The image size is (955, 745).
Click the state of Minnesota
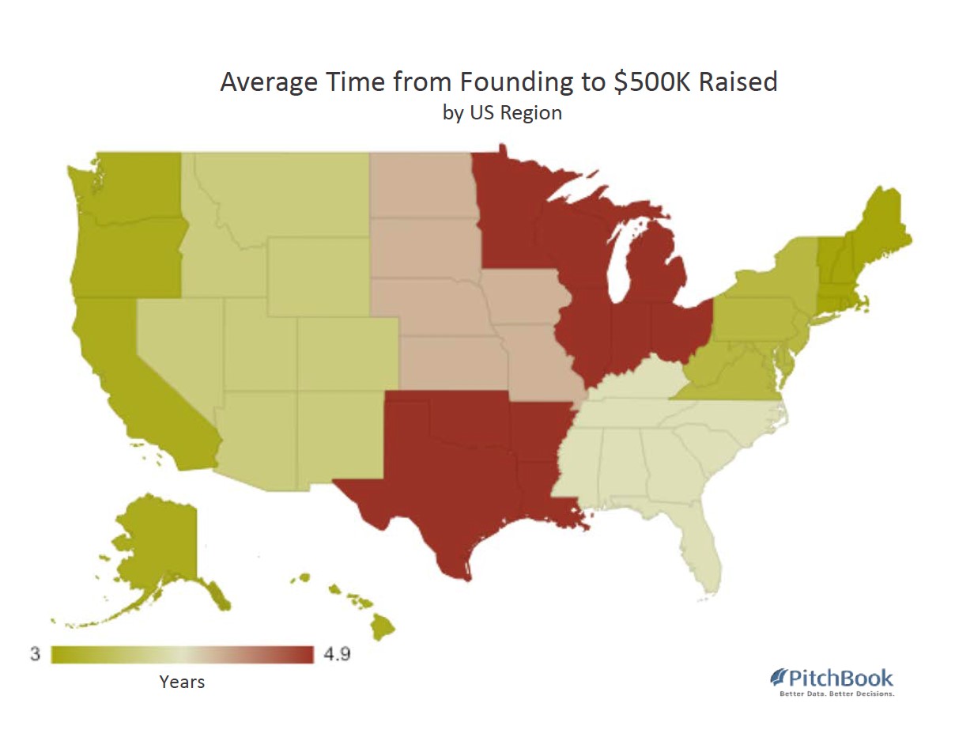(x=510, y=214)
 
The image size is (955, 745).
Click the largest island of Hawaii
(x=383, y=629)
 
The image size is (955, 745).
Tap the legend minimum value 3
(x=35, y=655)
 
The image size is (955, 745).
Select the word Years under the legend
(x=182, y=682)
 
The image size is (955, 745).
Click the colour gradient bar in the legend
(x=183, y=655)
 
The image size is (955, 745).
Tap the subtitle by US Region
(x=502, y=112)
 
